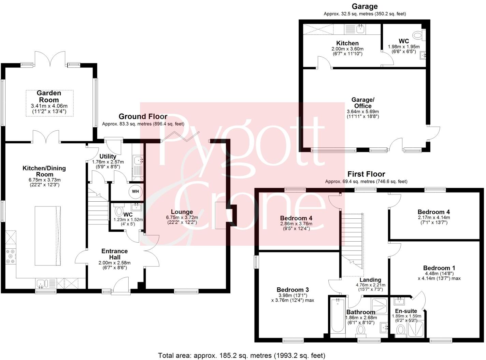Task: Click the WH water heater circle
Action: [x=135, y=191]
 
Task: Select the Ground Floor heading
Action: [x=143, y=117]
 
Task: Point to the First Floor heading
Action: [x=366, y=174]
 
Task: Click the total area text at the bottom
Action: [x=242, y=355]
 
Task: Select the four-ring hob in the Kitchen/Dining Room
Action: [x=10, y=257]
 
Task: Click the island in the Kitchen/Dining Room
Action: [x=48, y=235]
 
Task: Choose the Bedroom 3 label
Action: [x=292, y=290]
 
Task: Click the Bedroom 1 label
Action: [x=439, y=268]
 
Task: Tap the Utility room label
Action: [x=108, y=156]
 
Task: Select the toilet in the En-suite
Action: [x=401, y=330]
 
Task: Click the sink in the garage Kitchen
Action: [x=360, y=29]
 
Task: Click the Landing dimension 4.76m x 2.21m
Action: [x=370, y=285]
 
